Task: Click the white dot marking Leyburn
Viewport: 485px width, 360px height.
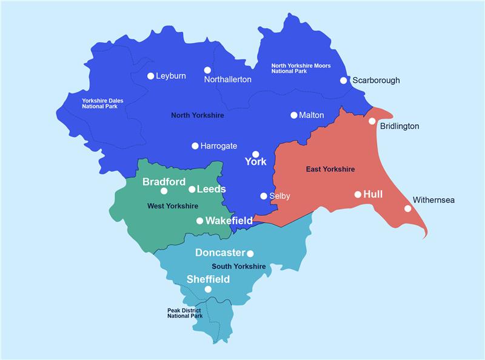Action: pos(151,76)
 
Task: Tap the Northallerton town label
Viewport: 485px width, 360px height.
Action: pos(227,79)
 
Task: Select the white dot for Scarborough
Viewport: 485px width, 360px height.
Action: pos(344,80)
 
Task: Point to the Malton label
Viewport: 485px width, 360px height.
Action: pos(312,115)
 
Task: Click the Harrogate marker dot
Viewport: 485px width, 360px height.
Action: pos(195,146)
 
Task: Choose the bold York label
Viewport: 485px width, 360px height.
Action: pos(255,162)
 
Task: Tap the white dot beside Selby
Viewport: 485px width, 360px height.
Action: pos(264,196)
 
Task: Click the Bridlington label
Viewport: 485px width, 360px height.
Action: pos(400,127)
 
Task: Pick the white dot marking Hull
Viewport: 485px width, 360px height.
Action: pos(358,195)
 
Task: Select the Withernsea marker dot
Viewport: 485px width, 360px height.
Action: pos(408,208)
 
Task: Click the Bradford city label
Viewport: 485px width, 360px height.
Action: pos(164,182)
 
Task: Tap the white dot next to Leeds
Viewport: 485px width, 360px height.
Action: pos(192,189)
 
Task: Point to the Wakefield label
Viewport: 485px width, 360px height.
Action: pos(229,221)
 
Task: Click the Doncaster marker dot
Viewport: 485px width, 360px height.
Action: pos(250,254)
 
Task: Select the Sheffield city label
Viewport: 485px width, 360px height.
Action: pos(208,279)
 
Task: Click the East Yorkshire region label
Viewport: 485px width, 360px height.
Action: pos(330,169)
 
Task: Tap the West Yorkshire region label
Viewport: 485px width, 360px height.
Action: pos(173,206)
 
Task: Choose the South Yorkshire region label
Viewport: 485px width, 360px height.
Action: pos(238,267)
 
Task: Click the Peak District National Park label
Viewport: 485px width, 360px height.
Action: pos(185,313)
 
